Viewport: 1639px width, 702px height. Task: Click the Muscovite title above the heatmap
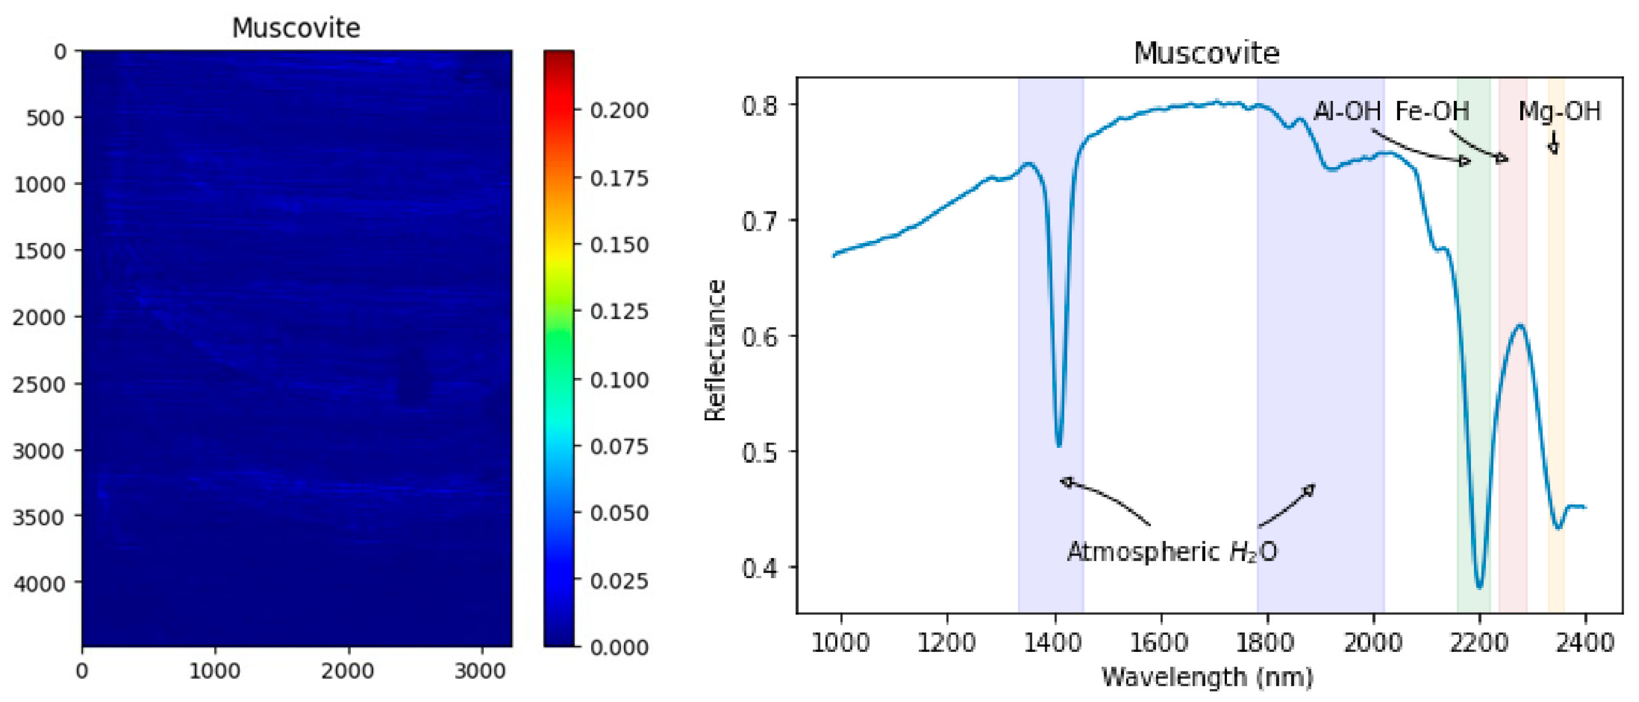pos(296,28)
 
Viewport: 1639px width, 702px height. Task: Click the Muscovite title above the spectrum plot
pos(1206,53)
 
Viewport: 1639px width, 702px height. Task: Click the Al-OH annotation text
pos(1347,111)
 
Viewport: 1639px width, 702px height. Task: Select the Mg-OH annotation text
pos(1559,111)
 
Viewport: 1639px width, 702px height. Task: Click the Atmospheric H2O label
pos(1172,551)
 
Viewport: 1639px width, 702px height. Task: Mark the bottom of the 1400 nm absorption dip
pos(1059,446)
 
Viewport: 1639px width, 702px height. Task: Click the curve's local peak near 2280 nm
pos(1521,326)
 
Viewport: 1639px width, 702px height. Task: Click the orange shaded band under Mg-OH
pos(1556,382)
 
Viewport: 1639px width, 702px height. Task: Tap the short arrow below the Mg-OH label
pos(1554,143)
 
